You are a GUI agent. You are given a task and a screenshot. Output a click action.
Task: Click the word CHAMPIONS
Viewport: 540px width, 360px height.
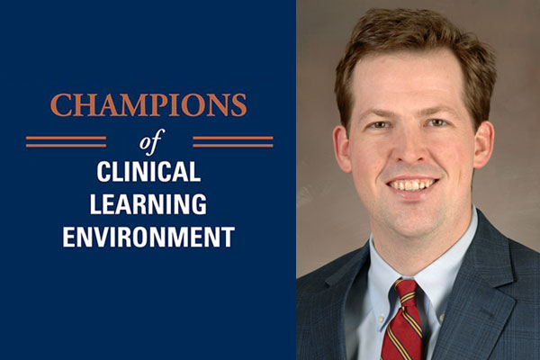point(148,105)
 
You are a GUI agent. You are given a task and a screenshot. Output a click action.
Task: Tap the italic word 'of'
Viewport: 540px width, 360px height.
point(149,141)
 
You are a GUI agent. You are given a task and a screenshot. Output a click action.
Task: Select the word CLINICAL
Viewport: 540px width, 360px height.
point(148,172)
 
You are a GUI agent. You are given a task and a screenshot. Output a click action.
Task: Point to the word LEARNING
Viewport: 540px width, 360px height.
point(148,204)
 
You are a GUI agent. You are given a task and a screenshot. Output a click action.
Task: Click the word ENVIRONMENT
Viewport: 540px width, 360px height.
point(148,237)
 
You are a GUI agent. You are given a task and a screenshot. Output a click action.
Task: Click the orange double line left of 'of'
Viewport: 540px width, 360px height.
point(66,141)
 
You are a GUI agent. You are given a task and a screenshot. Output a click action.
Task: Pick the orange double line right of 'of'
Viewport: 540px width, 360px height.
point(233,141)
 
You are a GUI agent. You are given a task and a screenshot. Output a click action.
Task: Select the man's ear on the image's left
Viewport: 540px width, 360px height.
point(342,148)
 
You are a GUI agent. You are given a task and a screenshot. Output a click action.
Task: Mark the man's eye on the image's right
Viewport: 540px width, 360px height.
point(436,122)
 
